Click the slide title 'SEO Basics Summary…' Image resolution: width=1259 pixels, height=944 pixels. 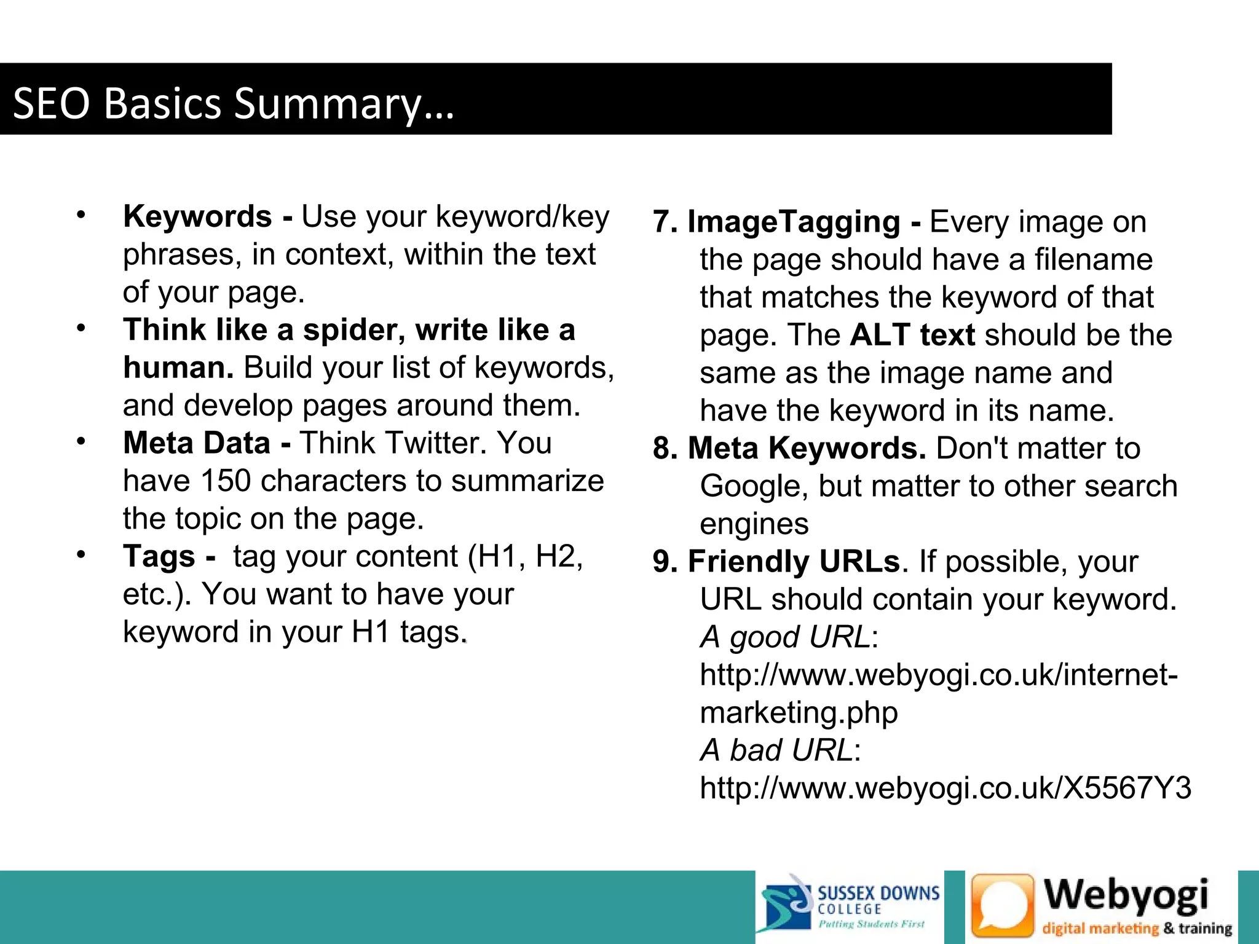[233, 103]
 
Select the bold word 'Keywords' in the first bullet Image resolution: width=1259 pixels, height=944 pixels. [197, 216]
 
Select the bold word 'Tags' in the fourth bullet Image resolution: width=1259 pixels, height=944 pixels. [159, 557]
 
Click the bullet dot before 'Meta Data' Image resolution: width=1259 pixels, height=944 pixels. [81, 441]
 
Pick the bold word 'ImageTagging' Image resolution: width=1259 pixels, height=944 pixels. [794, 222]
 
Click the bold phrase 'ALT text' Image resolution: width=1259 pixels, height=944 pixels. [912, 336]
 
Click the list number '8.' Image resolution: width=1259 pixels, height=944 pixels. [665, 449]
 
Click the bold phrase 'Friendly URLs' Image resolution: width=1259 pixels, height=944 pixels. [794, 562]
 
